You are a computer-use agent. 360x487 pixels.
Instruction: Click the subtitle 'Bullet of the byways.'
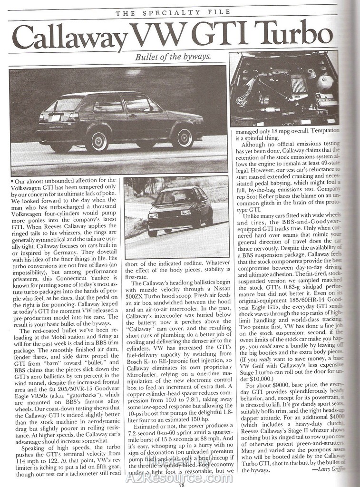click(173, 58)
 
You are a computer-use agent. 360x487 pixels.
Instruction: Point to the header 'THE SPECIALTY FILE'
click(174, 13)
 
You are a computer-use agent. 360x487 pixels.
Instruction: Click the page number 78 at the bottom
click(181, 484)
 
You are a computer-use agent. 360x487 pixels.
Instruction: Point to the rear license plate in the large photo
click(56, 117)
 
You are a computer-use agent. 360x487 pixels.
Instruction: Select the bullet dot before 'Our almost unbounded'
click(11, 181)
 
